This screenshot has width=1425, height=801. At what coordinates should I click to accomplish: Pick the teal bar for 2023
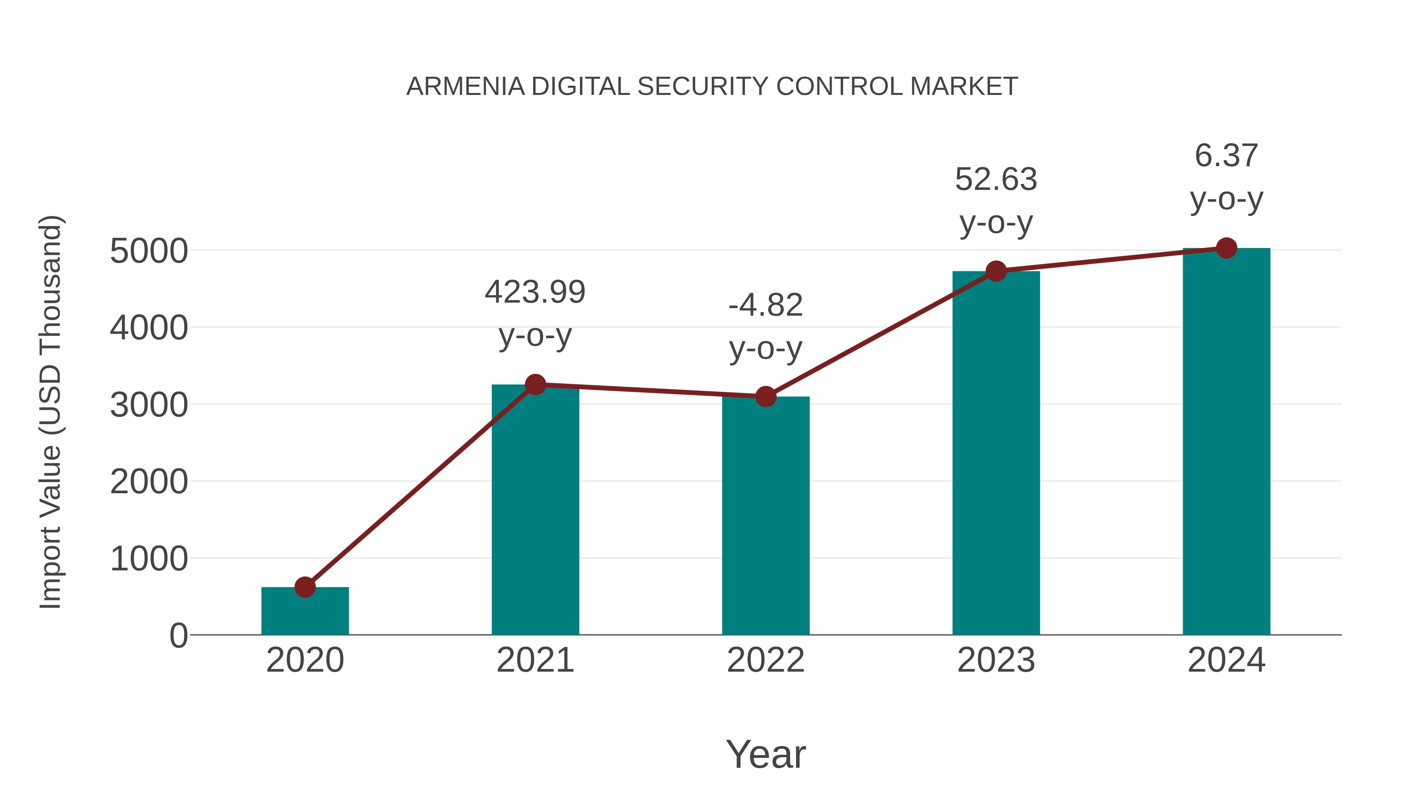996,453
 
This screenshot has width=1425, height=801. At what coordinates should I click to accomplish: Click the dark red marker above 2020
305,587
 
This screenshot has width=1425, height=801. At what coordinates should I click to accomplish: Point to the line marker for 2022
766,396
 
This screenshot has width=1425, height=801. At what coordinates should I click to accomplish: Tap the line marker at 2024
1226,248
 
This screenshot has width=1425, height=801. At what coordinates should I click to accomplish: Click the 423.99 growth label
535,292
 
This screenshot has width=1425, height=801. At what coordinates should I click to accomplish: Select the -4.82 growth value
766,305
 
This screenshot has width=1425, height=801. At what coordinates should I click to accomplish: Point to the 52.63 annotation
996,180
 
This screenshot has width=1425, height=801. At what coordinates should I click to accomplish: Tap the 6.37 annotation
1226,155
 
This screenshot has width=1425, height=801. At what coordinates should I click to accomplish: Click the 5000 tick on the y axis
149,252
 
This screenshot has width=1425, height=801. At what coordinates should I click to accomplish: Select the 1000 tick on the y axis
149,559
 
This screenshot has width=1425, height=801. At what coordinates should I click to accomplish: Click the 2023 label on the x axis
996,660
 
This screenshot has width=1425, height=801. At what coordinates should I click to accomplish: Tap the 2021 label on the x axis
535,660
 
